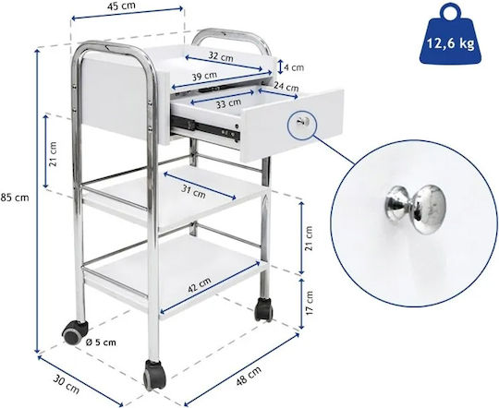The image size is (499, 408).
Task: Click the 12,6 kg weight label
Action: [450, 43]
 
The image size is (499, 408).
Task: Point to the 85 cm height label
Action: [15, 198]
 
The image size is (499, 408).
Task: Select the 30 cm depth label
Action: [66, 384]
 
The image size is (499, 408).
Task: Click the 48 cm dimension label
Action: [249, 376]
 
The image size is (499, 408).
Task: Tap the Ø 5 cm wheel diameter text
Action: [102, 342]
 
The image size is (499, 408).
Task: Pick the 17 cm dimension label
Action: [309, 303]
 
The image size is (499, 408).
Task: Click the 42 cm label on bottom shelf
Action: [200, 285]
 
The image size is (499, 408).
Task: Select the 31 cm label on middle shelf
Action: [193, 191]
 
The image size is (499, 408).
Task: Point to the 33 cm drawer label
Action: [228, 103]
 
